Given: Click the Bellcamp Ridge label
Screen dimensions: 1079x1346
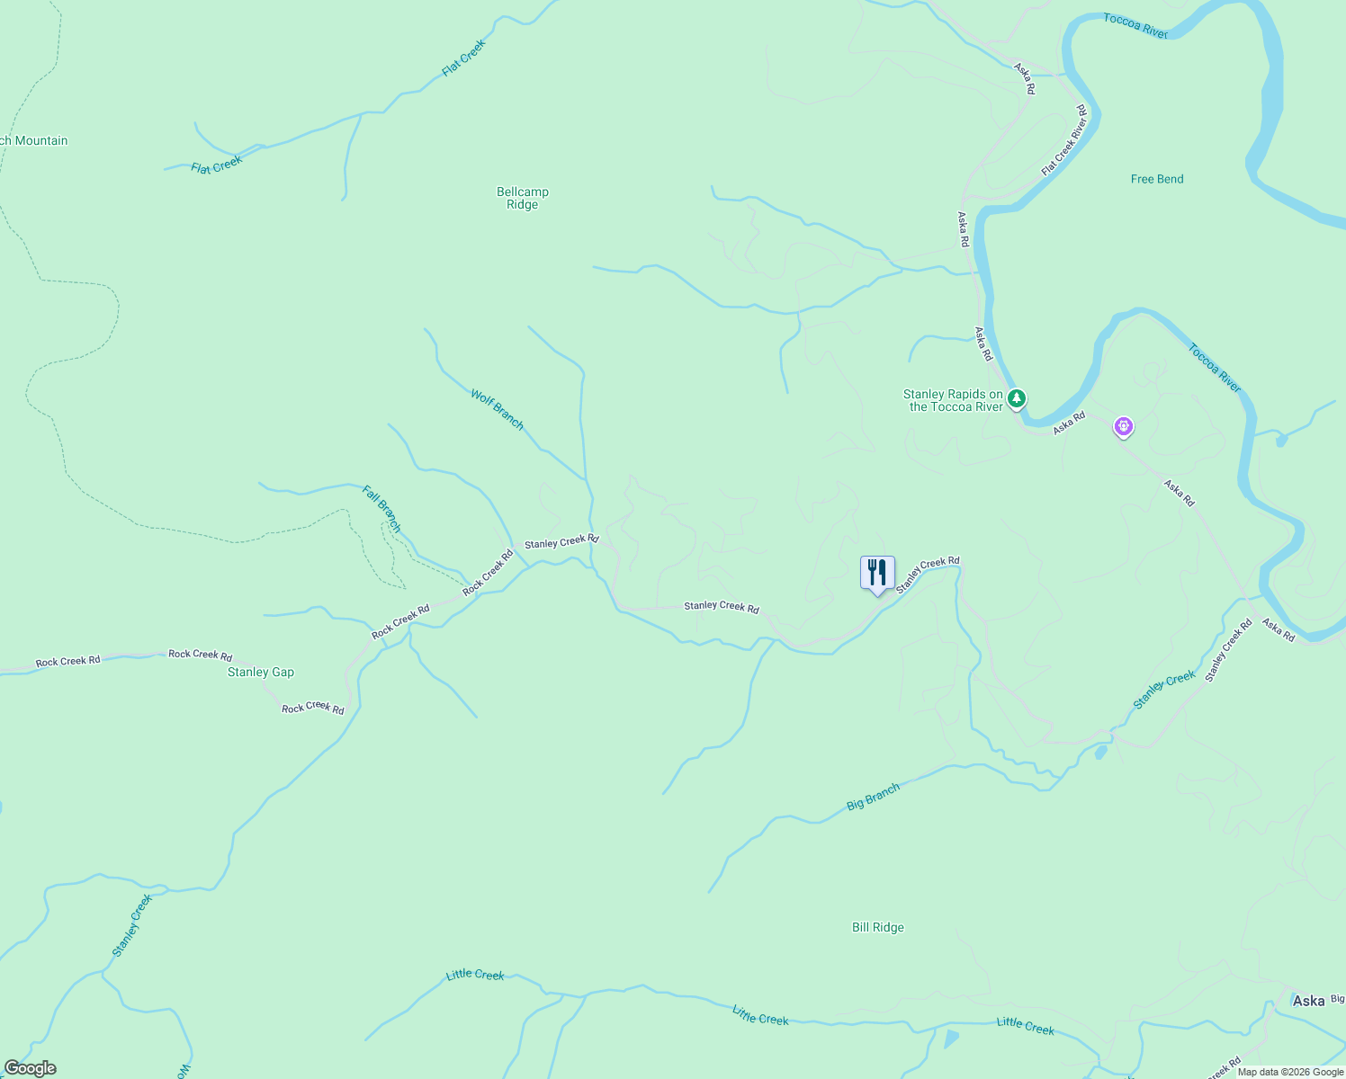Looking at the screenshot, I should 522,198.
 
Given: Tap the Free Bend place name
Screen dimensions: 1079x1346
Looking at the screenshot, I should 1156,179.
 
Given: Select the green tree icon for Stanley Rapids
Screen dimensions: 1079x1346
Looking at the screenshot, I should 1016,397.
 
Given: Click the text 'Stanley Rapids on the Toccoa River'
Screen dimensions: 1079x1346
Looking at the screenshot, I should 953,401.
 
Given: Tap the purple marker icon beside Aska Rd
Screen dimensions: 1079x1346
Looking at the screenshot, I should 1123,426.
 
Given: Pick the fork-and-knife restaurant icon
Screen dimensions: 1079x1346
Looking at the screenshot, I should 877,573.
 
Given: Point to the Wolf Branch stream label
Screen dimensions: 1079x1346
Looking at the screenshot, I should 497,409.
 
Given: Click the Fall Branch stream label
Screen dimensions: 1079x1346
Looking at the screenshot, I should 381,509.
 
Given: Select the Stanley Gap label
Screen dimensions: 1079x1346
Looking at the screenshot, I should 260,672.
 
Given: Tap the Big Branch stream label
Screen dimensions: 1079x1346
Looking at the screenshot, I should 873,797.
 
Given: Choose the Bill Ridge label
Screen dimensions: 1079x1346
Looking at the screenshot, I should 877,927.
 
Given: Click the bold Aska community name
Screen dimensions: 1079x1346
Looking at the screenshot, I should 1307,1001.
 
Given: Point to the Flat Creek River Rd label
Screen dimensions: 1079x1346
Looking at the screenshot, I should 1064,141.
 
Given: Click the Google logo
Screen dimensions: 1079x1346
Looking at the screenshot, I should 31,1068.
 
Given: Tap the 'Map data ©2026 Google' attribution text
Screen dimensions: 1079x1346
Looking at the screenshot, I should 1290,1072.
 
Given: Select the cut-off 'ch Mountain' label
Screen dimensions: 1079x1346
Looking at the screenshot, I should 34,140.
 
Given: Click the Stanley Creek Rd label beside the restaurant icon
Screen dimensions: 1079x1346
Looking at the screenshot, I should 928,574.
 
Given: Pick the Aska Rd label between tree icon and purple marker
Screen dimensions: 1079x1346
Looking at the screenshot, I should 1069,423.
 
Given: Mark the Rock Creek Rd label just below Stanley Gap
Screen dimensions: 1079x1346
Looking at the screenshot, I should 312,708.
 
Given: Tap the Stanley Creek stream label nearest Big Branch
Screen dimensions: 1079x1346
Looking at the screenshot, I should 1164,690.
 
